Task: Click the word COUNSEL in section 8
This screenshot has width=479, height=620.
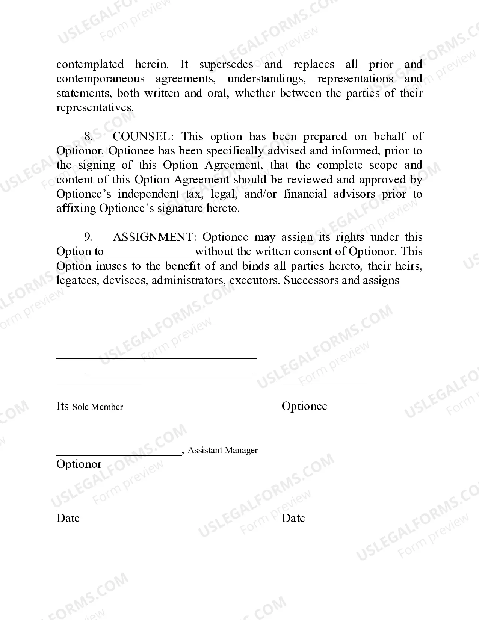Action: (x=142, y=136)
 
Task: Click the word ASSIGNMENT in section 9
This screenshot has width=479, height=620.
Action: (x=154, y=237)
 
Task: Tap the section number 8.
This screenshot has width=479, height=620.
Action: (x=88, y=136)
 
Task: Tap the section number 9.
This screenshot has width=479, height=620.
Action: (x=88, y=237)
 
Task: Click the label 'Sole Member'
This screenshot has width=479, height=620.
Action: (x=98, y=407)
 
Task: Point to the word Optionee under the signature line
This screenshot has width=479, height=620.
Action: (x=304, y=407)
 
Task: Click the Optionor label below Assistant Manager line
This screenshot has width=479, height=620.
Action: (x=79, y=464)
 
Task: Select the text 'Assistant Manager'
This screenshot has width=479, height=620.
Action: (x=223, y=451)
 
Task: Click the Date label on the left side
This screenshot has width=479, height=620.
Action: (x=68, y=519)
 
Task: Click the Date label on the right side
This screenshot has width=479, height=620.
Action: (x=293, y=519)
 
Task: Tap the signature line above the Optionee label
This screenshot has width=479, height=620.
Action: (x=324, y=384)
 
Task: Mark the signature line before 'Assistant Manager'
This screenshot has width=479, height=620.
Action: (x=119, y=455)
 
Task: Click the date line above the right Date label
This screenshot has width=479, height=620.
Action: (x=324, y=510)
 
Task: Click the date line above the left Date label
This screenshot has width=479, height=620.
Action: (x=98, y=510)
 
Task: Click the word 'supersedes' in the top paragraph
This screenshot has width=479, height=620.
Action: (x=226, y=65)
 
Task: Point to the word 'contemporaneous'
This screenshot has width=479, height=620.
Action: (x=100, y=79)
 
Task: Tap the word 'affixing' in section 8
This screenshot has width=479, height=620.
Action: (x=76, y=209)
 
